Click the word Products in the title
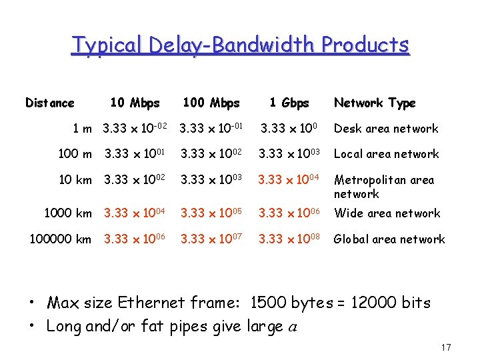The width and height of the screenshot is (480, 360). click(x=365, y=45)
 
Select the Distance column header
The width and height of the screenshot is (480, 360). click(x=50, y=103)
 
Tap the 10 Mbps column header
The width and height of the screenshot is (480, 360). click(x=135, y=103)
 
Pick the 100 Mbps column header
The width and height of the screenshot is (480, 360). click(x=211, y=103)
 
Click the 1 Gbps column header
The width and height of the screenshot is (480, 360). click(x=289, y=103)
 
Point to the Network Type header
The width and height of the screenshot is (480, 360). click(x=375, y=103)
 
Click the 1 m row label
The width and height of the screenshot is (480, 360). click(x=83, y=129)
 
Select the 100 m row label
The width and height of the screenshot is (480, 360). click(x=75, y=154)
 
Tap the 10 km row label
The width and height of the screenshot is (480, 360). click(x=75, y=180)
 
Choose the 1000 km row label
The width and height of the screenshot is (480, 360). click(x=68, y=213)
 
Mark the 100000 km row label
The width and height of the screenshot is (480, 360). click(x=61, y=239)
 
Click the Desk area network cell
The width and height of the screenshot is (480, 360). click(x=386, y=129)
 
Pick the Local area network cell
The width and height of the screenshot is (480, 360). click(x=386, y=154)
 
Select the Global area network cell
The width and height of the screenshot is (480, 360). click(x=389, y=239)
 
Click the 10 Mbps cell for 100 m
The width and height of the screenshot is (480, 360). click(x=135, y=154)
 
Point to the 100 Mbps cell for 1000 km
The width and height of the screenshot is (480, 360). click(x=211, y=213)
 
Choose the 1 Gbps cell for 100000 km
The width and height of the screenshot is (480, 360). click(x=289, y=239)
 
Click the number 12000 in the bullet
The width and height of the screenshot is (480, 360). click(x=365, y=303)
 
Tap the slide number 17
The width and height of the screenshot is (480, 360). click(x=446, y=347)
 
